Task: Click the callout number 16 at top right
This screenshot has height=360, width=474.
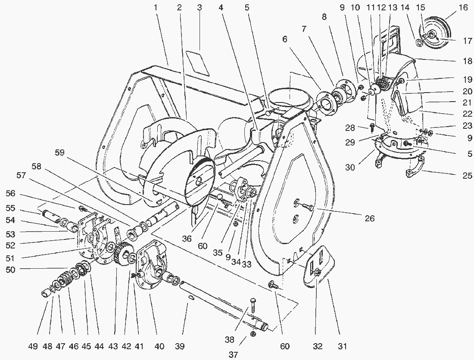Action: (x=451, y=8)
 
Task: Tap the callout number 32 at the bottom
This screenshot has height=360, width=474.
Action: (x=318, y=346)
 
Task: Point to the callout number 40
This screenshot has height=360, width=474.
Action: (x=159, y=346)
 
